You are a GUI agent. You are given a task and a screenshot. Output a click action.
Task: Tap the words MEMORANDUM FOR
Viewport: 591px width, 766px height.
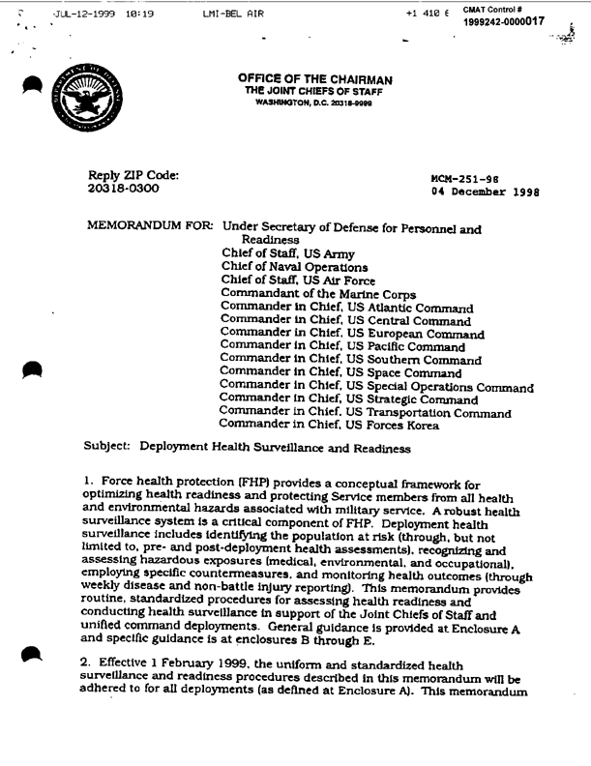[150, 226]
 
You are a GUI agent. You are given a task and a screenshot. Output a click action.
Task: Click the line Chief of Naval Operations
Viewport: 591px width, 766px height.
[281, 267]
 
